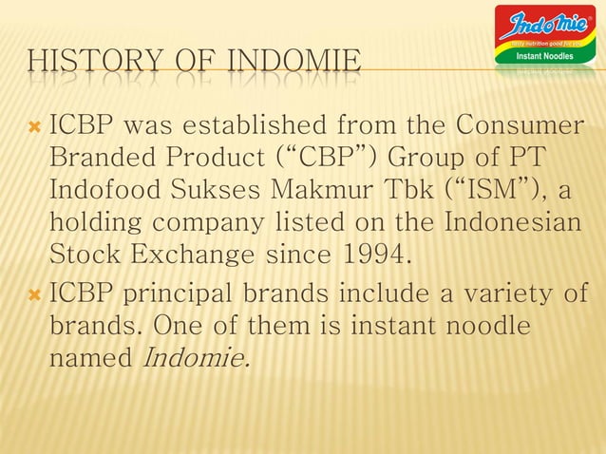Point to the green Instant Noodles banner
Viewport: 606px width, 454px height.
(x=544, y=57)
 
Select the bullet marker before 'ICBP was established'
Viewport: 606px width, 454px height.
(x=36, y=125)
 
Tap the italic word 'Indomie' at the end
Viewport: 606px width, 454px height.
(x=195, y=359)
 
